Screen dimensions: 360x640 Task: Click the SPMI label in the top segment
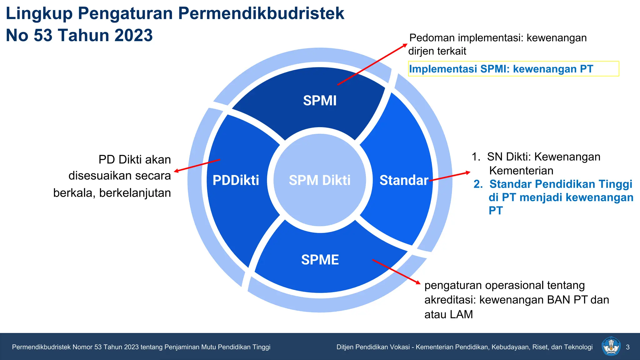(320, 101)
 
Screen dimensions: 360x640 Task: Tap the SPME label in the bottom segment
(320, 260)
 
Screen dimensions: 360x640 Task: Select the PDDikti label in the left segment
(236, 180)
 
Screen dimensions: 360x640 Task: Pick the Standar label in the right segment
(404, 180)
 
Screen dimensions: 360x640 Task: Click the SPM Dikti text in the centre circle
(320, 180)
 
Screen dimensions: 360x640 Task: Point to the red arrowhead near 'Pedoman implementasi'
(405, 45)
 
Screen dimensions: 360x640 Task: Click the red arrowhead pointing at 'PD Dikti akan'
(176, 171)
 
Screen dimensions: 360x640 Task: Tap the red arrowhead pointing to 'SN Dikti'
(468, 172)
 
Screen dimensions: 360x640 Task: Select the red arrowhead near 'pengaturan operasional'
(418, 282)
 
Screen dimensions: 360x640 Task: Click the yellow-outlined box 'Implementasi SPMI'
(513, 69)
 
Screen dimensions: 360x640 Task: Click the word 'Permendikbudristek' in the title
(261, 13)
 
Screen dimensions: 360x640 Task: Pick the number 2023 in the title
(133, 35)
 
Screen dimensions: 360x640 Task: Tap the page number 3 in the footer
(627, 347)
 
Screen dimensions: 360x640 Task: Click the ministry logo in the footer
(611, 347)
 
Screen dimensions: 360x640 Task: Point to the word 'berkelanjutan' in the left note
(135, 193)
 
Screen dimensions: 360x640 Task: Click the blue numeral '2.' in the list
(478, 184)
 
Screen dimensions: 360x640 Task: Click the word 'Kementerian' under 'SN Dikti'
(521, 171)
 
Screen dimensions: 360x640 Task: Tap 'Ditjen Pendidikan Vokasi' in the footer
(373, 347)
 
